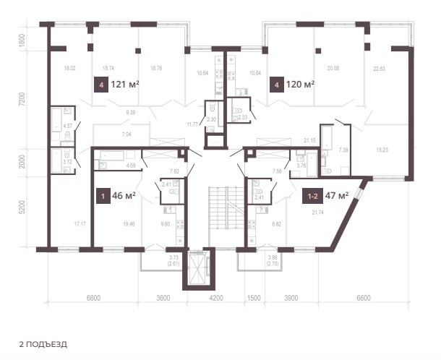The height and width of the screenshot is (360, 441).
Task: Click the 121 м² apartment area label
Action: tap(125, 84)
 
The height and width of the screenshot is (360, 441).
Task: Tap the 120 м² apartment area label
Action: tap(300, 84)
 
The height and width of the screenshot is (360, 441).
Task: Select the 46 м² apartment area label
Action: tap(124, 195)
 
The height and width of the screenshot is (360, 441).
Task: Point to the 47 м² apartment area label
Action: tap(337, 195)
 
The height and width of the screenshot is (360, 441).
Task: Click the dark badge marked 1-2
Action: tap(312, 196)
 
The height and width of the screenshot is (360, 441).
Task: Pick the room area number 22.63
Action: tap(379, 69)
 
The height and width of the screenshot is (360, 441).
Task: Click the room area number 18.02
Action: tap(69, 68)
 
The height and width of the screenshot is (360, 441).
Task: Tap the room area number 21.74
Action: tap(317, 213)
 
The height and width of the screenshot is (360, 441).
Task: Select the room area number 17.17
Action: tap(80, 224)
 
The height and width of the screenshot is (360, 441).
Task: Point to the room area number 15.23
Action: tap(382, 150)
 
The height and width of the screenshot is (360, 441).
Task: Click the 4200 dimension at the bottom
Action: tap(217, 298)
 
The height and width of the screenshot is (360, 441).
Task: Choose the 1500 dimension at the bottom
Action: tap(254, 298)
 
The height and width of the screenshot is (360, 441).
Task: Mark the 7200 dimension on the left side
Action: tap(23, 99)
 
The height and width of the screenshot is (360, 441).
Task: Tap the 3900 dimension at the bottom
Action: tap(291, 298)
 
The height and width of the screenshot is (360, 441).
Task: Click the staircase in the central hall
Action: tap(226, 208)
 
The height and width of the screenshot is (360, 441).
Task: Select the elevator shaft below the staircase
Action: tap(199, 267)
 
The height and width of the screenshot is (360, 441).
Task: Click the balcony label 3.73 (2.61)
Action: tap(174, 260)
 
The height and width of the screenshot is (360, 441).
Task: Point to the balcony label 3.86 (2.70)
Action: tap(273, 260)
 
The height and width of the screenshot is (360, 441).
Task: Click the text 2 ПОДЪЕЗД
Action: tap(43, 344)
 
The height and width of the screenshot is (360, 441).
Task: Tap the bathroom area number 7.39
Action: tap(343, 150)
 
